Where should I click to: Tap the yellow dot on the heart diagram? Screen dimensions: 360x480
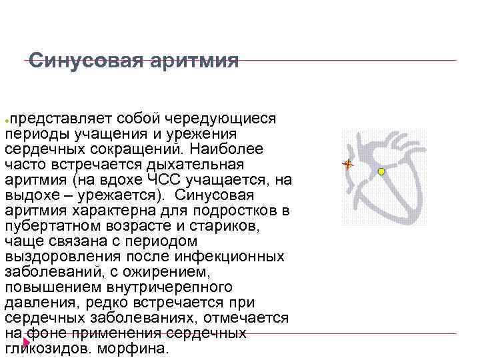coord(381,171)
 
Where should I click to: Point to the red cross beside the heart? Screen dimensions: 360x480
coord(347,163)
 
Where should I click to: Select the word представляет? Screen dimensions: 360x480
coord(60,118)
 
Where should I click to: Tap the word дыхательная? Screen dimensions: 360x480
coord(201,164)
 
